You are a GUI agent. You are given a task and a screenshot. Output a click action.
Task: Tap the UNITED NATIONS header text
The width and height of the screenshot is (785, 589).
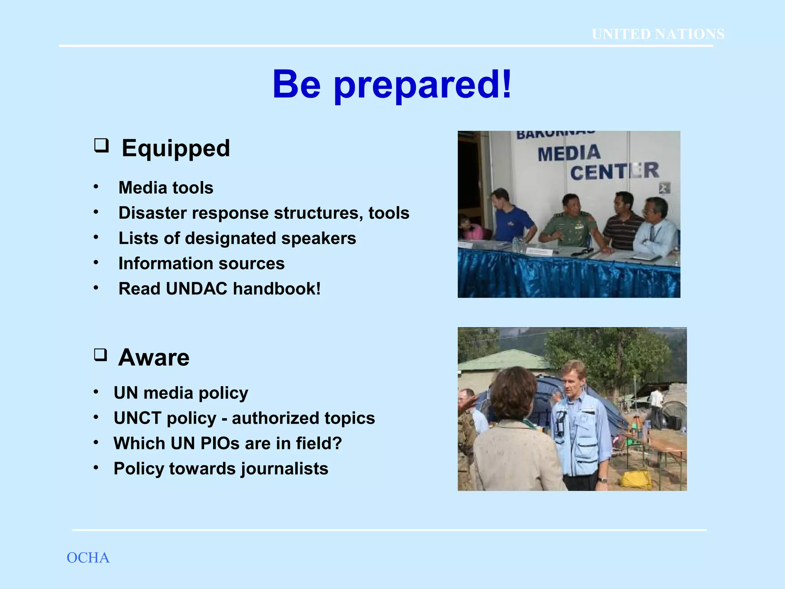pyautogui.click(x=658, y=34)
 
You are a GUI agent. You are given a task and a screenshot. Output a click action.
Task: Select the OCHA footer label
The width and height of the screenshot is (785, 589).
pyautogui.click(x=88, y=558)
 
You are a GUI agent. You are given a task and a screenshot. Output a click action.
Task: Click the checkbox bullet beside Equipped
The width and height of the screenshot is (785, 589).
pyautogui.click(x=102, y=146)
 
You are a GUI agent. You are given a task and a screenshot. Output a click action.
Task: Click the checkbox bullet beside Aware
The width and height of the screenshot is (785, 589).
pyautogui.click(x=101, y=355)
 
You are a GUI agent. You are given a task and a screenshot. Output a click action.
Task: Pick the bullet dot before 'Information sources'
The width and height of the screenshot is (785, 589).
pyautogui.click(x=96, y=263)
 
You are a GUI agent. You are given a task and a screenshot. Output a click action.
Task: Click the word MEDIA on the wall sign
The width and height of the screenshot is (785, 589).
pyautogui.click(x=569, y=153)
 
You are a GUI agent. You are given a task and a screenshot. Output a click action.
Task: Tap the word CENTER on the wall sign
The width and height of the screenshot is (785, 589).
pyautogui.click(x=614, y=171)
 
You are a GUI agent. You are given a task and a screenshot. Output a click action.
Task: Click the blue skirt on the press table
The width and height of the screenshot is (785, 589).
pyautogui.click(x=567, y=276)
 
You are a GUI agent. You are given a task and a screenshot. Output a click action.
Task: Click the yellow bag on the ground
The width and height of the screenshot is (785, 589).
pyautogui.click(x=636, y=479)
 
